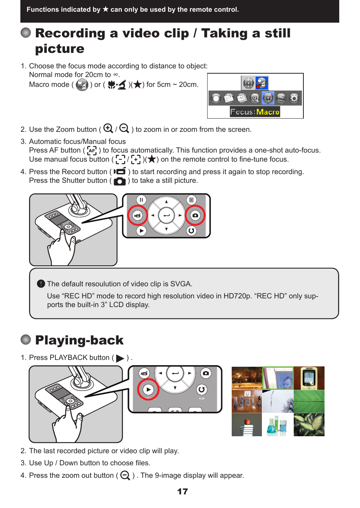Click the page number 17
183,491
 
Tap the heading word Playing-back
79,340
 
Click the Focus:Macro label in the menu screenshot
255,112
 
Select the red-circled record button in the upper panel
137,215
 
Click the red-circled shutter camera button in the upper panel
195,215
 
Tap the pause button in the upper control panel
141,200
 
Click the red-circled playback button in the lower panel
148,389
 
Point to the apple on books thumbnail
246,425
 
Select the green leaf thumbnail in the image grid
309,401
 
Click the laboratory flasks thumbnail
278,425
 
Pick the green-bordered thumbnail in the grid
278,378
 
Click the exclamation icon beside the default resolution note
41,284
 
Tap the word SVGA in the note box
180,284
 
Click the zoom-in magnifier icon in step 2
108,128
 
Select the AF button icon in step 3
92,151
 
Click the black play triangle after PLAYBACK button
120,358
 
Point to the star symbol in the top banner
106,9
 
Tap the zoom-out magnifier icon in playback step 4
125,476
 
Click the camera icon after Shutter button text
120,181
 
